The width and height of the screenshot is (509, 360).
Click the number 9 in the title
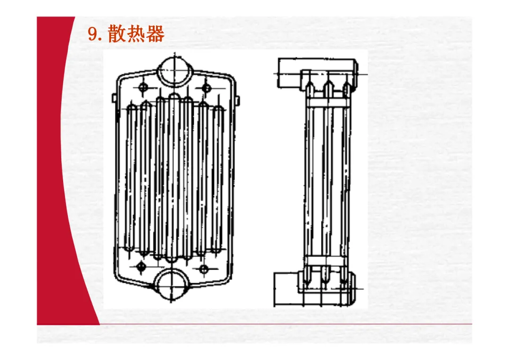(92, 34)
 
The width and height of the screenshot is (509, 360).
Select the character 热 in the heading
(137, 34)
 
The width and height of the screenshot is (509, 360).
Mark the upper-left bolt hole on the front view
(144, 87)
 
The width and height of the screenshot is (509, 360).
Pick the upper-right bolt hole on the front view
(206, 87)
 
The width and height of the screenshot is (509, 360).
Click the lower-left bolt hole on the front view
(141, 267)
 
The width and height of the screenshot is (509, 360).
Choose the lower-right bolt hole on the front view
(204, 269)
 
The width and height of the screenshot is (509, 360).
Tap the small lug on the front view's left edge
(114, 98)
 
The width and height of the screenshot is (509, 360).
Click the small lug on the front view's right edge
(237, 99)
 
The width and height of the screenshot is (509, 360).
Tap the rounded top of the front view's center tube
(174, 97)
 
